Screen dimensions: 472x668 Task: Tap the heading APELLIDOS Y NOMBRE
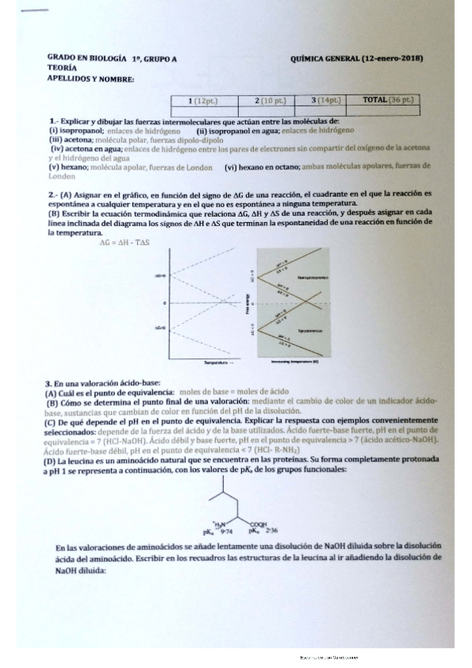coord(91,79)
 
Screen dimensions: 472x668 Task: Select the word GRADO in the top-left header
coord(61,59)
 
